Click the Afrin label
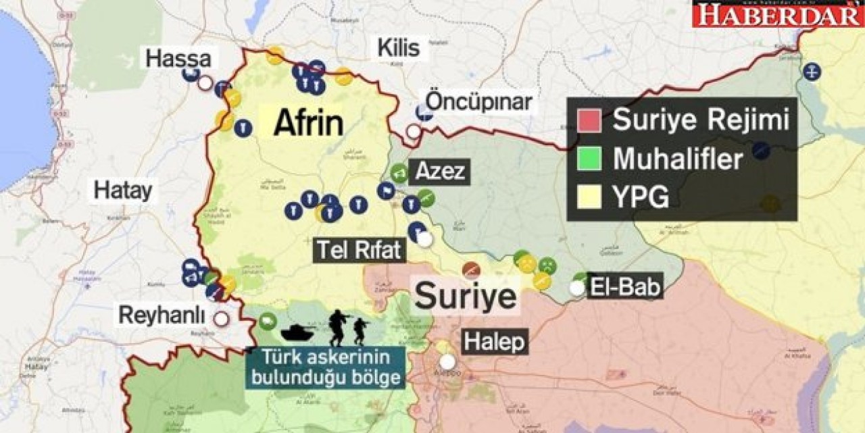308,124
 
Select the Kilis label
398,49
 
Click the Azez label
441,172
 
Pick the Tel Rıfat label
359,251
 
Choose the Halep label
494,342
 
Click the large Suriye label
465,296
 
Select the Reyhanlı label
162,315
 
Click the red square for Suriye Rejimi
589,121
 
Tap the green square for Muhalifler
589,159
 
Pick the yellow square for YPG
589,197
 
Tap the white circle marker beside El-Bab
576,288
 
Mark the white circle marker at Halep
447,361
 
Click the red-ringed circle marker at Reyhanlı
220,319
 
